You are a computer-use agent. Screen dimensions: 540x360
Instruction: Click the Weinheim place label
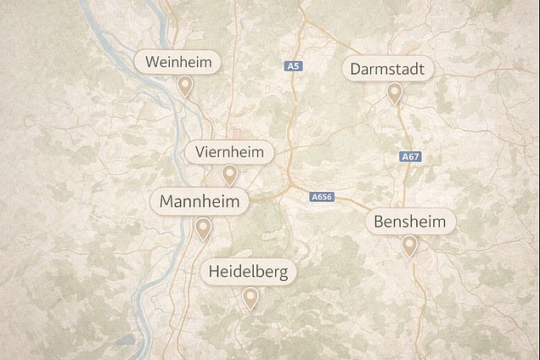tap(178, 62)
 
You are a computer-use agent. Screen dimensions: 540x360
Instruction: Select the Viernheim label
tap(229, 153)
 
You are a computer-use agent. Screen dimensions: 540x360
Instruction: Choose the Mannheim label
tap(200, 202)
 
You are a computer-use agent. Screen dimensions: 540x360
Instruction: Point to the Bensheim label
tap(411, 222)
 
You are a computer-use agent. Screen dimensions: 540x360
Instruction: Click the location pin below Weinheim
tap(185, 85)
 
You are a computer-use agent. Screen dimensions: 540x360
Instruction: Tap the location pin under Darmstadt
tap(394, 93)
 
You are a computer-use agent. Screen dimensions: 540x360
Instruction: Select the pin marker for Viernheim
tap(229, 175)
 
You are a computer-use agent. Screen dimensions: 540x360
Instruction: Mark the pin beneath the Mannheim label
tap(202, 228)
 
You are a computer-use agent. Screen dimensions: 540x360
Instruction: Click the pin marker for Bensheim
tap(410, 245)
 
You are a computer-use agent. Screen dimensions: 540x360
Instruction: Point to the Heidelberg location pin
tap(250, 297)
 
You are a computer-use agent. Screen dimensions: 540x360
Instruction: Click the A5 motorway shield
tap(294, 65)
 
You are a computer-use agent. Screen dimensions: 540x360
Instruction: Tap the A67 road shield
tap(410, 157)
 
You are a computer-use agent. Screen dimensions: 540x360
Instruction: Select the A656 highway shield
tap(322, 197)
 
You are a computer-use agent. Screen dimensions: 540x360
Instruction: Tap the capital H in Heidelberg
tap(213, 273)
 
